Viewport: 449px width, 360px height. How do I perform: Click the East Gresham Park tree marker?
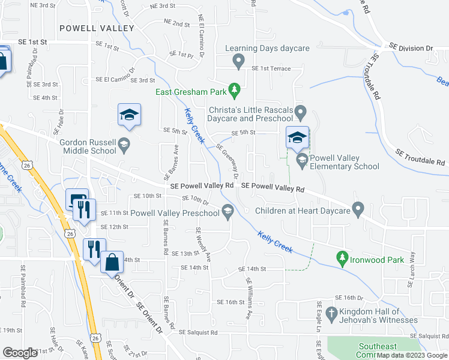pyautogui.click(x=235, y=92)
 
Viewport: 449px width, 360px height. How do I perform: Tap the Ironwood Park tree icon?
pyautogui.click(x=342, y=259)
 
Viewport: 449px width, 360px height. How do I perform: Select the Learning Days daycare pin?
pyautogui.click(x=238, y=60)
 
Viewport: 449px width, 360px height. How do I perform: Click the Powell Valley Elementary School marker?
pyautogui.click(x=301, y=160)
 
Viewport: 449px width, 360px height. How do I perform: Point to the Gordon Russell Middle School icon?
pyautogui.click(x=123, y=143)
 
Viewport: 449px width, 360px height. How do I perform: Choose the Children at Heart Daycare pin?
pyautogui.click(x=358, y=211)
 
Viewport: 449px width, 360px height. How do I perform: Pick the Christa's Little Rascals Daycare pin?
pyautogui.click(x=301, y=112)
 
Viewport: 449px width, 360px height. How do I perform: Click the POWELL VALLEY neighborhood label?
pyautogui.click(x=97, y=28)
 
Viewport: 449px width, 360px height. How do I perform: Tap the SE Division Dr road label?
pyautogui.click(x=411, y=47)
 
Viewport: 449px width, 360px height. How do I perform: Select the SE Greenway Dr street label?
pyautogui.click(x=227, y=161)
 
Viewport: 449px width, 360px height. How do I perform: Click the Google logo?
pyautogui.click(x=20, y=353)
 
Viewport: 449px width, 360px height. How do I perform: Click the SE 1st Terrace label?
pyautogui.click(x=271, y=69)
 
